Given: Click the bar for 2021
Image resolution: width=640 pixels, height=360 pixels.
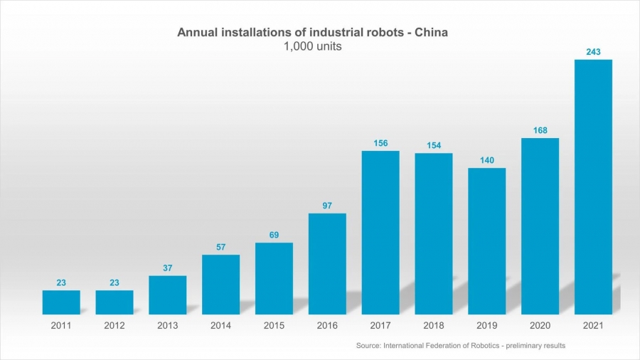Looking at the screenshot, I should click(x=593, y=186).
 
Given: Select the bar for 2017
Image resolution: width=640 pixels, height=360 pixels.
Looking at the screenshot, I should click(x=380, y=232).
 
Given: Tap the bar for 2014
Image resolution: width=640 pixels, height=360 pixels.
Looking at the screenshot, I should click(x=220, y=284).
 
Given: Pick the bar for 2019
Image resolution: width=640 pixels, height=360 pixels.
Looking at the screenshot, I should click(x=486, y=240).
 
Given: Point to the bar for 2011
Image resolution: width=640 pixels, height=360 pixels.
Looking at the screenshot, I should click(x=61, y=302).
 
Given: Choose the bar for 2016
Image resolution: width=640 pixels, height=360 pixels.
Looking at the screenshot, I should click(x=327, y=263).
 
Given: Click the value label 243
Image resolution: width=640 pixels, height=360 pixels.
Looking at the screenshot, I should click(x=593, y=51).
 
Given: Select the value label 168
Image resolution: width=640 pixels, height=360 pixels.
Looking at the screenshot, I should click(x=540, y=129).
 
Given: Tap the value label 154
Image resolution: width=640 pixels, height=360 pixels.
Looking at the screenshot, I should click(x=433, y=145).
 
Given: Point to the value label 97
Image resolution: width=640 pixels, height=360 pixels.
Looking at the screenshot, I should click(x=327, y=205).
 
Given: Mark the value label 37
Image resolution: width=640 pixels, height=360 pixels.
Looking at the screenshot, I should click(x=167, y=268).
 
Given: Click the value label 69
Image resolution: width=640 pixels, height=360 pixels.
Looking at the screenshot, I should click(x=274, y=234).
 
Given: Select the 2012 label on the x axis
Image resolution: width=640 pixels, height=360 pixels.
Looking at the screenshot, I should click(x=114, y=325).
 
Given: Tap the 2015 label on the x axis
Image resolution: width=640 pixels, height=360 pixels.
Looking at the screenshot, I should click(x=274, y=325).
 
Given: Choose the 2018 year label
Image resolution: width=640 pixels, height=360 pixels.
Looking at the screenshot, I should click(x=433, y=325).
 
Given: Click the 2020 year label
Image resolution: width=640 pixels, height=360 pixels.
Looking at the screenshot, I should click(x=540, y=325).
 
